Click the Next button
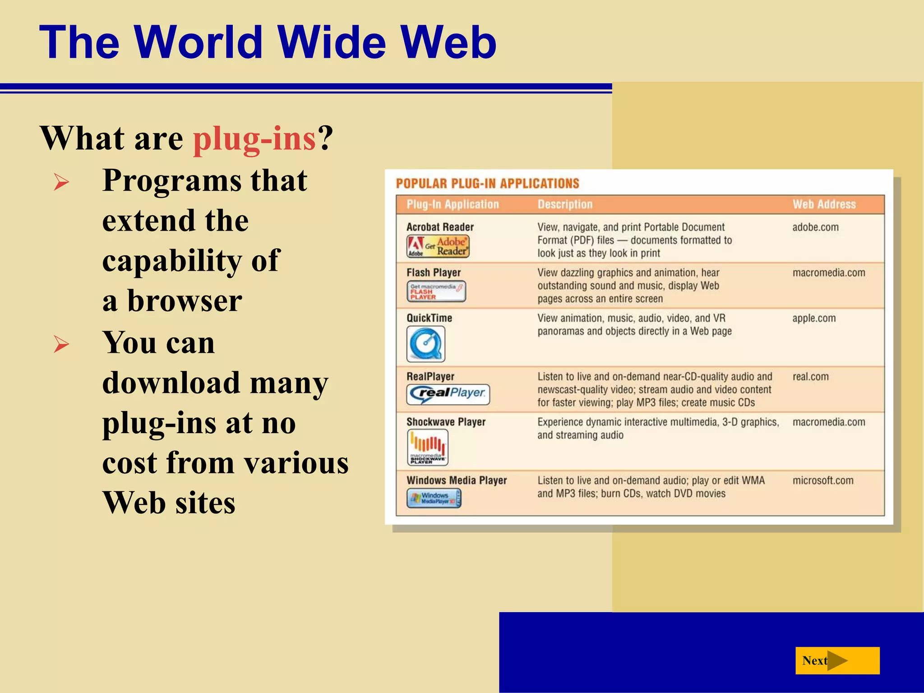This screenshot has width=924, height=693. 837,661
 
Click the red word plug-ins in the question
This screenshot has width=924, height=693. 254,138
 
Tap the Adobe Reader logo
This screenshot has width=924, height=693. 438,246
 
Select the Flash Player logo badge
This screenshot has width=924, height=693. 436,291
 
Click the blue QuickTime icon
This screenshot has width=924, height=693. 425,344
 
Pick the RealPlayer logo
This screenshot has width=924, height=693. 448,394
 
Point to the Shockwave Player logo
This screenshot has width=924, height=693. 427,447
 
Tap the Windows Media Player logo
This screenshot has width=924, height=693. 434,499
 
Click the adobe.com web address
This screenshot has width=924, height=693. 815,227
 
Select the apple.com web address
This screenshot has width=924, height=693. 814,318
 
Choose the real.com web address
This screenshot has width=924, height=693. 810,377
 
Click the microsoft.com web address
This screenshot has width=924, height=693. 823,480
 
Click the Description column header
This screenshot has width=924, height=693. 565,204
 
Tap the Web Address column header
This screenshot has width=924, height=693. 824,204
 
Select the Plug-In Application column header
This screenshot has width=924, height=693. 453,204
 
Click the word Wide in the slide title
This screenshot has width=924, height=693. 332,42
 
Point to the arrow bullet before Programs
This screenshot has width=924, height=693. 61,182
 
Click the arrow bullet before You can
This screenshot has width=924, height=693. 61,344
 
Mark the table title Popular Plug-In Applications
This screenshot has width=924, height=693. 487,184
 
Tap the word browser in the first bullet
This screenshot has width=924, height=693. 185,301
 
